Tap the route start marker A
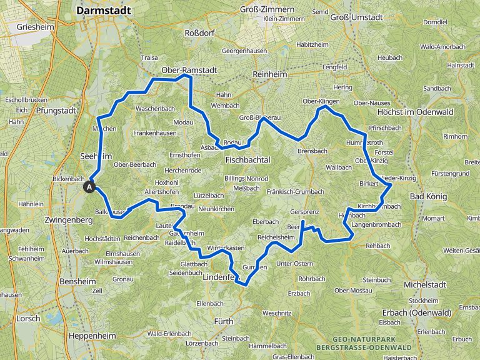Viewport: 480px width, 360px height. (x=90, y=186)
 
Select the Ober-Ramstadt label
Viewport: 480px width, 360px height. (x=189, y=71)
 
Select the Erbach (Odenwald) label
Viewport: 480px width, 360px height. (x=415, y=312)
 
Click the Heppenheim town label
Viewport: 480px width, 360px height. (x=91, y=336)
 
